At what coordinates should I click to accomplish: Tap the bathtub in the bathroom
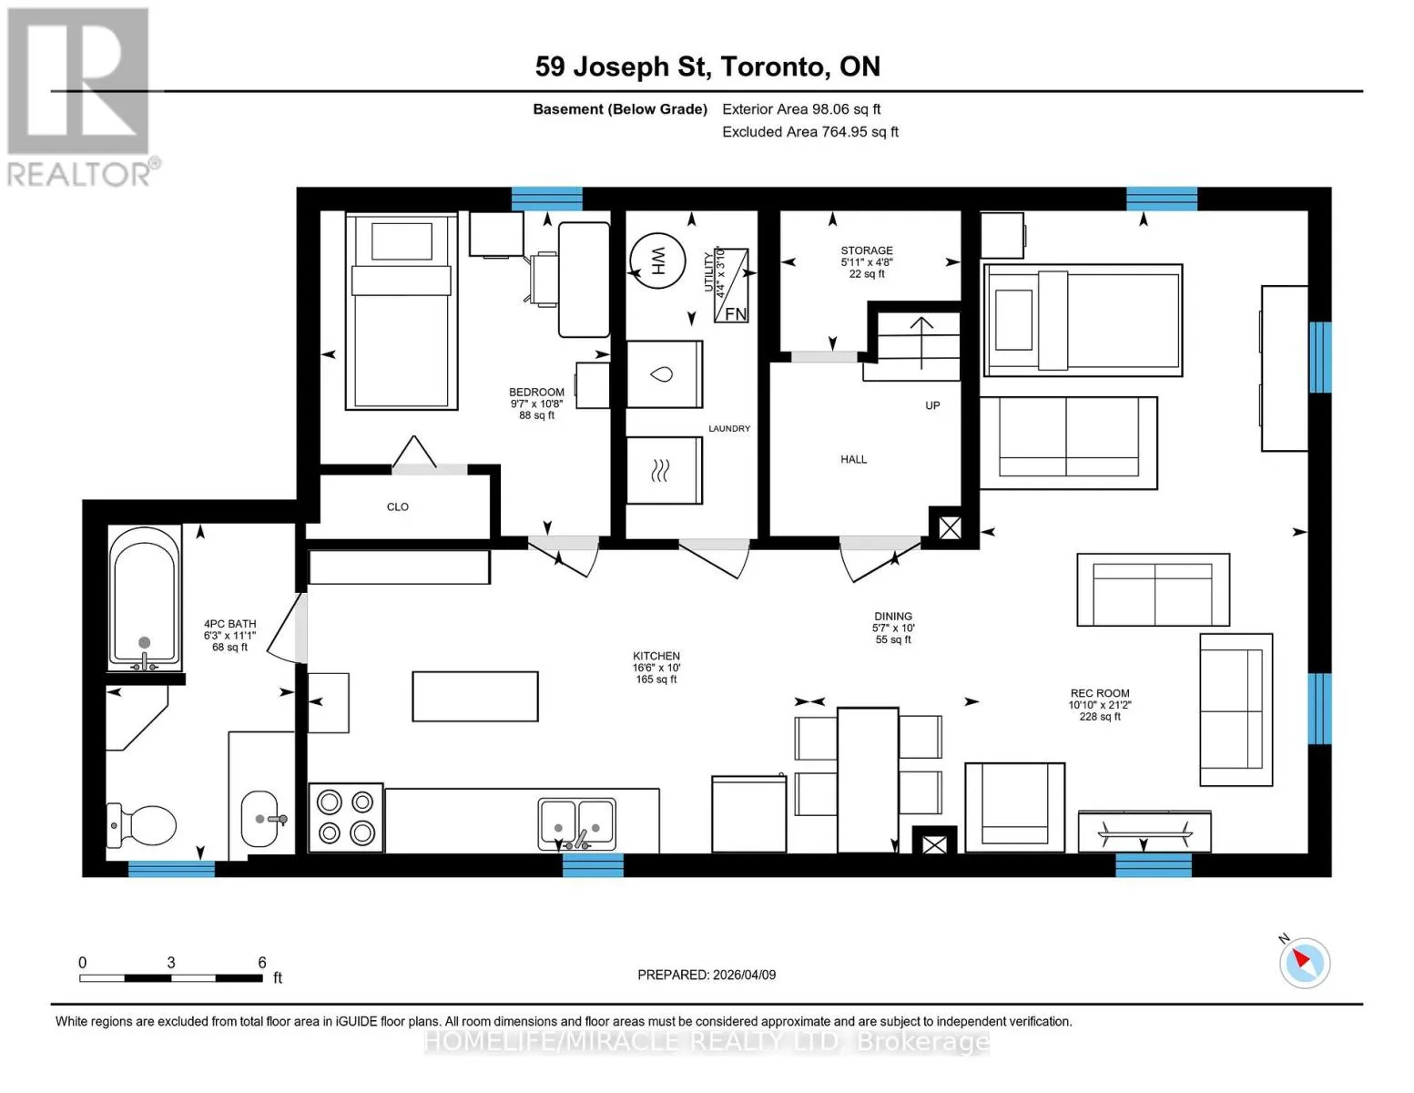145,598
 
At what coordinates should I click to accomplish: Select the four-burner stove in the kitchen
345,818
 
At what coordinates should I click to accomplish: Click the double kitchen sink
576,824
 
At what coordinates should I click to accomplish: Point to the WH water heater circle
657,261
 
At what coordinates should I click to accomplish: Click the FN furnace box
731,285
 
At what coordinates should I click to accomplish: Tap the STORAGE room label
866,250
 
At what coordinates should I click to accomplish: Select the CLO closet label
398,507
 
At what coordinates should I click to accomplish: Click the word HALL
853,460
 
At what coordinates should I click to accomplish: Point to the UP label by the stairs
932,405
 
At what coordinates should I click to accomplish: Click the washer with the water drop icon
665,374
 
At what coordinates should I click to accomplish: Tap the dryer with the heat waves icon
665,470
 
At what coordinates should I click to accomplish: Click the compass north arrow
1301,959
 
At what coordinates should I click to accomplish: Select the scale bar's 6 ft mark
261,964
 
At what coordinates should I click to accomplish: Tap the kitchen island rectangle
475,697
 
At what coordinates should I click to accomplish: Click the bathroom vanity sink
261,819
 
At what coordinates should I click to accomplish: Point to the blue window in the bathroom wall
171,868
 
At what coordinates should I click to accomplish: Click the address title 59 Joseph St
622,67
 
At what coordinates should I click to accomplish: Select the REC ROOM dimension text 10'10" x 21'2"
1100,705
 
